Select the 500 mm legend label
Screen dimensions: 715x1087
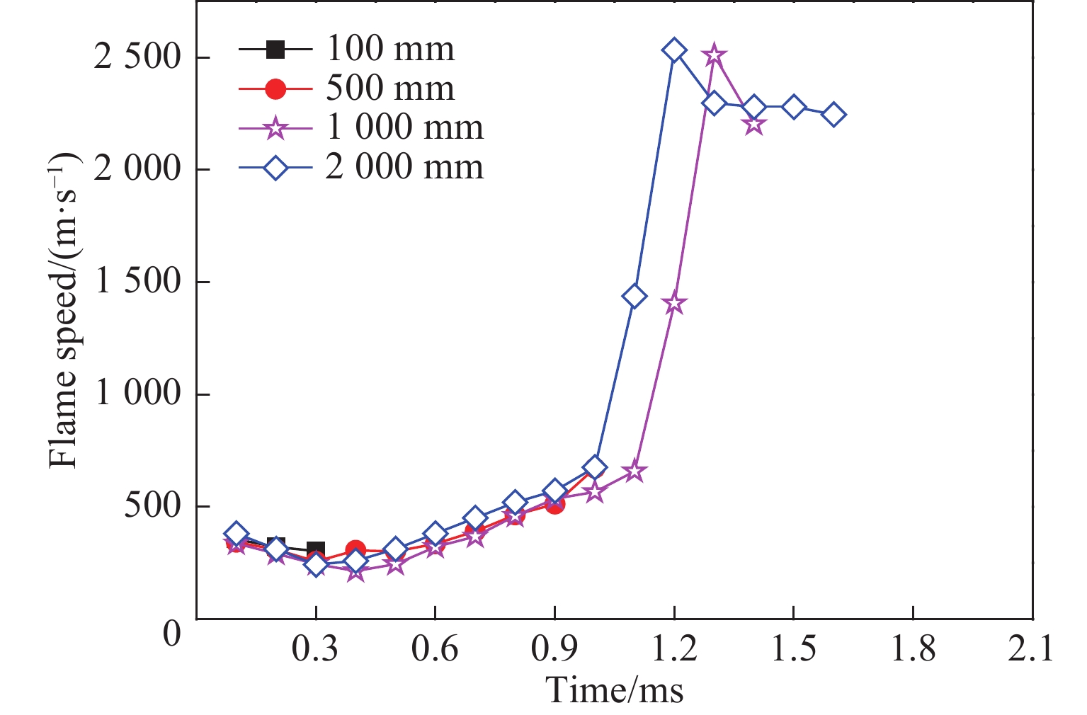pyautogui.click(x=390, y=88)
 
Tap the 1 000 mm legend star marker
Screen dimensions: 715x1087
pyautogui.click(x=275, y=129)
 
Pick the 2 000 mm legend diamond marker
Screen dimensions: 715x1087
pyautogui.click(x=275, y=168)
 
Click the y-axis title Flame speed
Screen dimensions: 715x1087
pyautogui.click(x=64, y=311)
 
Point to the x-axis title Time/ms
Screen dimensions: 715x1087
pyautogui.click(x=615, y=690)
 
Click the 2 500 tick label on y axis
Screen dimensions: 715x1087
pyautogui.click(x=137, y=57)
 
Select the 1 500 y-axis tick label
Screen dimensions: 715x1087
pyautogui.click(x=137, y=282)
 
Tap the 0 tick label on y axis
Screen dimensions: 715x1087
pyautogui.click(x=172, y=632)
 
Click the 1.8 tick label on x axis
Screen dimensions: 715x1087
pyautogui.click(x=913, y=648)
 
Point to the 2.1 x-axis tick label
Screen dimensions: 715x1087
pyautogui.click(x=1032, y=648)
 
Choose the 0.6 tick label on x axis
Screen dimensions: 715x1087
pyautogui.click(x=435, y=648)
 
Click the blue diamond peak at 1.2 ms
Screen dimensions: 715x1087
pyautogui.click(x=674, y=50)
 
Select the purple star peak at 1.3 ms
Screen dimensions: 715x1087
pyautogui.click(x=714, y=55)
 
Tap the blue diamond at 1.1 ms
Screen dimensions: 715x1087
pyautogui.click(x=634, y=296)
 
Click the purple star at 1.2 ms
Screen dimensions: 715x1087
pyautogui.click(x=674, y=304)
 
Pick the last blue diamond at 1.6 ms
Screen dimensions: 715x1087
pyautogui.click(x=833, y=115)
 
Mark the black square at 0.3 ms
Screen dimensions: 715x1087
pyautogui.click(x=316, y=550)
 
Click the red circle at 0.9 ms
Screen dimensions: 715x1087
pyautogui.click(x=554, y=503)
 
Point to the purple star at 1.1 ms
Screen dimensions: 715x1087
pyautogui.click(x=634, y=471)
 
